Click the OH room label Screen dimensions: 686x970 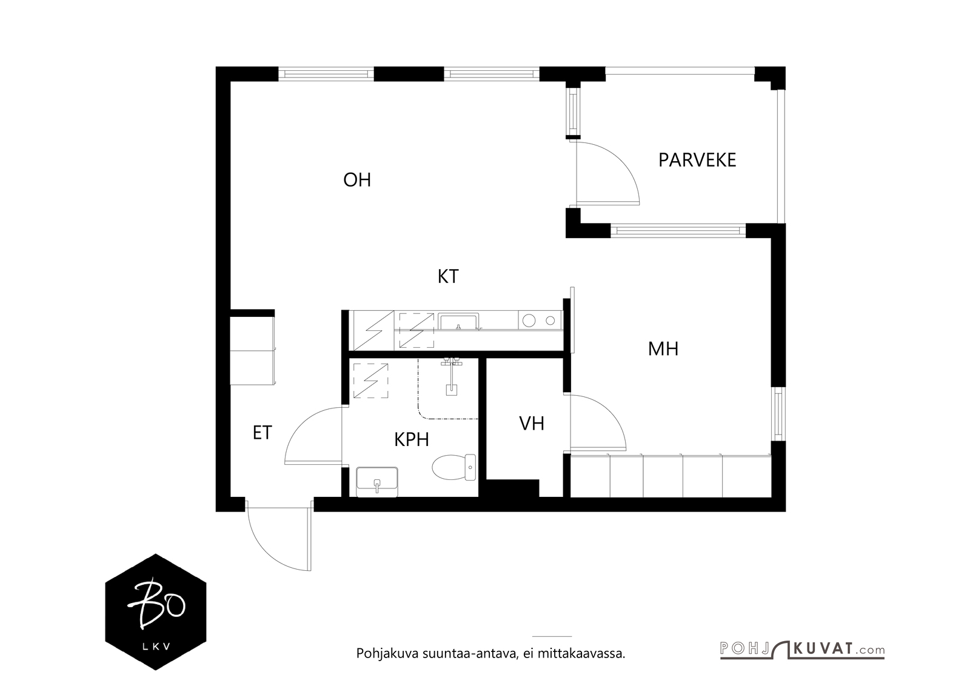[356, 180]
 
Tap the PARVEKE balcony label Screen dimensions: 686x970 [697, 160]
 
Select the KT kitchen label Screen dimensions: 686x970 [448, 276]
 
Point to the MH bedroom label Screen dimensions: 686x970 [663, 349]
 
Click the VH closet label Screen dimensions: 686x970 [531, 424]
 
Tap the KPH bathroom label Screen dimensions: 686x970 [412, 439]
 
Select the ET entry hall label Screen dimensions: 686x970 [262, 433]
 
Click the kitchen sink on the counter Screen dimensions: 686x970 [458, 321]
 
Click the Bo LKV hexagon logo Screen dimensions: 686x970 [155, 612]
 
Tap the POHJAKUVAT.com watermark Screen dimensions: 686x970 [801, 650]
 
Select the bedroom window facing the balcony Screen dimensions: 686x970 [678, 230]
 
